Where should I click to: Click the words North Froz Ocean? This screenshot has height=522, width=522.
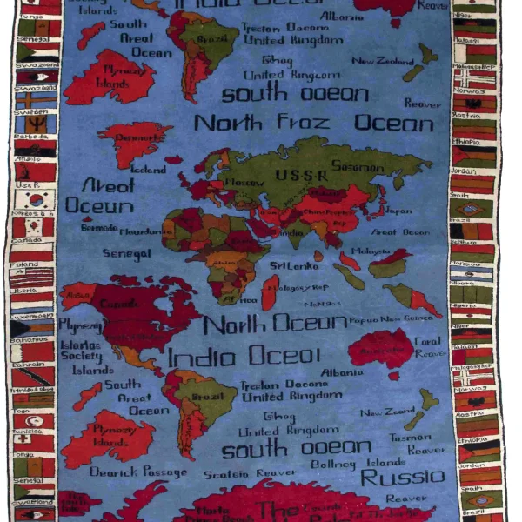pyautogui.click(x=313, y=123)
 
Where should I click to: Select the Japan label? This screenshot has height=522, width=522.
pyautogui.click(x=398, y=211)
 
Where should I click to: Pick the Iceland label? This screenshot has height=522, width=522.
pyautogui.click(x=147, y=170)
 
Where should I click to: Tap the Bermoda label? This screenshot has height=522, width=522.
pyautogui.click(x=98, y=229)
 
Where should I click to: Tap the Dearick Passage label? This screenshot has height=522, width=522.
pyautogui.click(x=138, y=472)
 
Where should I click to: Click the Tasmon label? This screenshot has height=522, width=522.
pyautogui.click(x=409, y=438)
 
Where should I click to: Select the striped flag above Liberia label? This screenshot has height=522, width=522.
pyautogui.click(x=32, y=278)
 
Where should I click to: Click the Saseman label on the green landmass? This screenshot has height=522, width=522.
pyautogui.click(x=358, y=166)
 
